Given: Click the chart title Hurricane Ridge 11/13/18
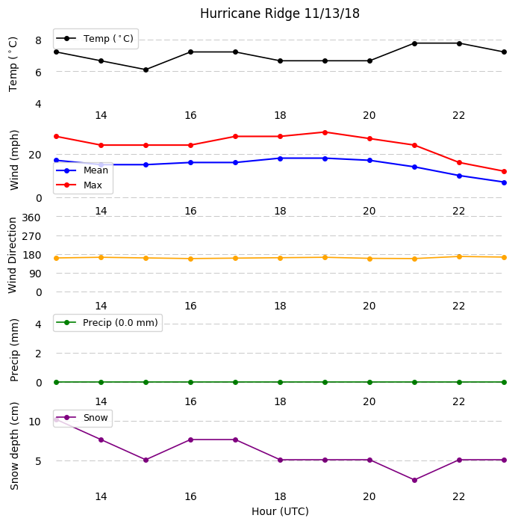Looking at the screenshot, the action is (x=280, y=13).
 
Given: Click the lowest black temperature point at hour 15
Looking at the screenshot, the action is (x=146, y=70).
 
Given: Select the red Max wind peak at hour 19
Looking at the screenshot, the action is (x=325, y=132).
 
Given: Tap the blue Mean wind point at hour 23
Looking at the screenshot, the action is (x=504, y=183).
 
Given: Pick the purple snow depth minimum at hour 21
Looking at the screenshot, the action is (x=414, y=480).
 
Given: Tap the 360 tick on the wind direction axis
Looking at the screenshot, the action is (x=31, y=218).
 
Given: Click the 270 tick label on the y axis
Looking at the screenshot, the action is (x=31, y=237).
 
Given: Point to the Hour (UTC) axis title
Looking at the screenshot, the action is (x=280, y=511).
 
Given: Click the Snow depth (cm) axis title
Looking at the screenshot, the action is (x=14, y=446).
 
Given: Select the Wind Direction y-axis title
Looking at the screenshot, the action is (x=13, y=256).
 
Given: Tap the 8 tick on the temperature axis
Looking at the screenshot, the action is (x=38, y=40).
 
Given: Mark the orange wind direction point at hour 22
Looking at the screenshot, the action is (x=459, y=256).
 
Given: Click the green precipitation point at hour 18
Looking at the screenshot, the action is (x=281, y=382).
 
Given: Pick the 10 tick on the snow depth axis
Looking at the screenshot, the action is (x=35, y=422).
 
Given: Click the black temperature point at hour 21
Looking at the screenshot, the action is (x=414, y=44).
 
